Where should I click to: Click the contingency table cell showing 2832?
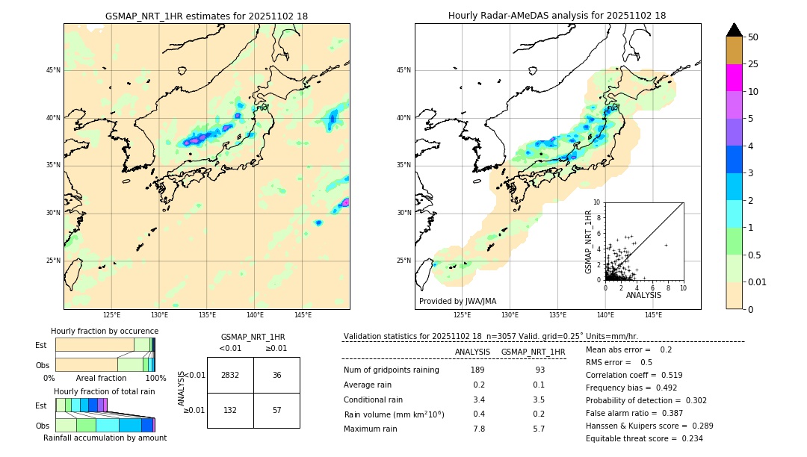tap(230, 375)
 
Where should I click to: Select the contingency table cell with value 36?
tap(276, 375)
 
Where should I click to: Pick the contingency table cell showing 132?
tap(230, 410)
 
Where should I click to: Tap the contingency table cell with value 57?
tap(276, 410)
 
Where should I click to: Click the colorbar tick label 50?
tap(753, 37)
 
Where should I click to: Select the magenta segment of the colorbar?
tap(735, 78)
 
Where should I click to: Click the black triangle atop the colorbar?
tap(735, 30)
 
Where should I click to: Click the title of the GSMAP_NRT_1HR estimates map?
tap(206, 16)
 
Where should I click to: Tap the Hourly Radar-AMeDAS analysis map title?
tap(557, 16)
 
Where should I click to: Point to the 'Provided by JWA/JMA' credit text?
tap(457, 302)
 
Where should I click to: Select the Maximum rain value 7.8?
tap(479, 429)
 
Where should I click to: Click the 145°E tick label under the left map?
tap(303, 315)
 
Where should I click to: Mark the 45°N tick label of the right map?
tap(403, 70)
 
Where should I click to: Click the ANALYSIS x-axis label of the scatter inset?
tap(643, 295)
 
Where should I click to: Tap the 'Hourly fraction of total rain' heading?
tap(104, 391)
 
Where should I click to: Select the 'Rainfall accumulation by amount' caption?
tap(105, 438)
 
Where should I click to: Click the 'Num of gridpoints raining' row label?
tap(391, 370)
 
